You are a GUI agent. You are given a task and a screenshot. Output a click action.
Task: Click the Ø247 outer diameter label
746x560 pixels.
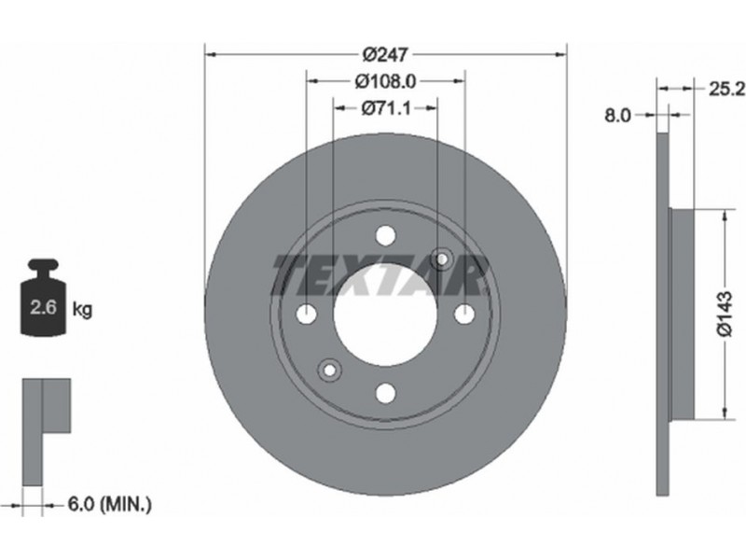pos(385,55)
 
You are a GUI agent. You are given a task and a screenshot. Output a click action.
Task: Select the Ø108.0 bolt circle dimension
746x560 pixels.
pos(385,82)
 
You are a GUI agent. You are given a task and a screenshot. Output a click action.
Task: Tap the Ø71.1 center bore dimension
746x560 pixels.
pos(385,109)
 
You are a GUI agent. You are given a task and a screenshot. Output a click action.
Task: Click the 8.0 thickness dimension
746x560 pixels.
pos(617,115)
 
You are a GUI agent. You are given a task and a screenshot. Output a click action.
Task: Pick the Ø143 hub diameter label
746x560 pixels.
pos(726,315)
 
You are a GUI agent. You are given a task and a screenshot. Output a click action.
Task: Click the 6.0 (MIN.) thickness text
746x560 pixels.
pos(109,503)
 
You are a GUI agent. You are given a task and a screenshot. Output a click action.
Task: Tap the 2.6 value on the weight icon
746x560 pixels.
pos(43,307)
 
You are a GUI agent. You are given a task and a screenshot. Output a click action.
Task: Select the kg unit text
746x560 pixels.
pos(82,310)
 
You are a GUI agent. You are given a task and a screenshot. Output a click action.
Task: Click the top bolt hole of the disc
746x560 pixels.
pos(385,235)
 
